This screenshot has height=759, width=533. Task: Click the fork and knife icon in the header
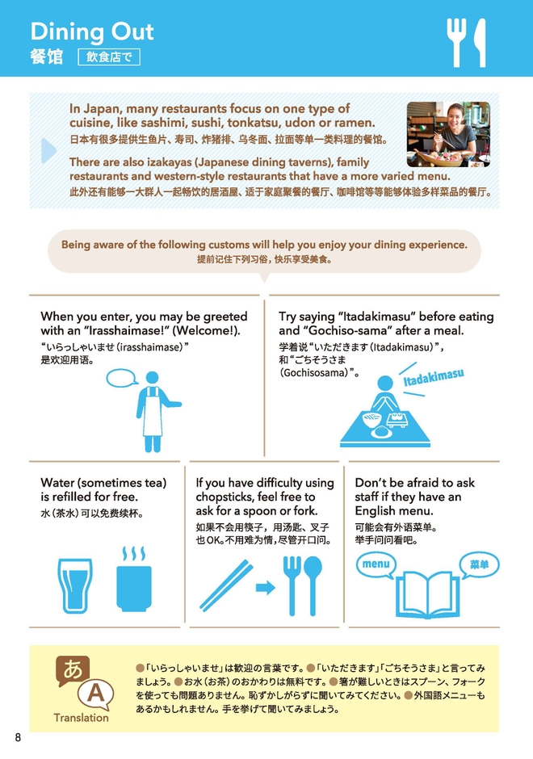tap(466, 43)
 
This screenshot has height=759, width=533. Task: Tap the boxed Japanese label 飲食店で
tap(109, 57)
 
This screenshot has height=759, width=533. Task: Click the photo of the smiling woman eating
tap(448, 134)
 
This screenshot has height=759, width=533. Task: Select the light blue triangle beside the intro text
tap(49, 150)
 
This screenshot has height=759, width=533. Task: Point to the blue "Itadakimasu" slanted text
tap(434, 377)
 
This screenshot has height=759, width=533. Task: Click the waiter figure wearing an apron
tap(156, 412)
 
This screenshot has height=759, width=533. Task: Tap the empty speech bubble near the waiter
tap(121, 378)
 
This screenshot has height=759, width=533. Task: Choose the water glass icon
tap(75, 585)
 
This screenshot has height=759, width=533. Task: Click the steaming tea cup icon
tap(134, 580)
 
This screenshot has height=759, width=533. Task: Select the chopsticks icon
tap(226, 585)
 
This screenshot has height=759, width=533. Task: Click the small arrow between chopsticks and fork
tap(266, 588)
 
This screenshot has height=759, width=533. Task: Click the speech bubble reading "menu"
tap(376, 564)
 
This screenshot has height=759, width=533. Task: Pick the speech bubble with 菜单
tap(479, 564)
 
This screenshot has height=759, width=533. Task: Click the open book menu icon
tap(427, 595)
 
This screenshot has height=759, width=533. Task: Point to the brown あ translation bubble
tap(73, 670)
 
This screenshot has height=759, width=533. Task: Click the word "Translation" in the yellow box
tap(82, 718)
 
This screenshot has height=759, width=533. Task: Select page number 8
tap(19, 737)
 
